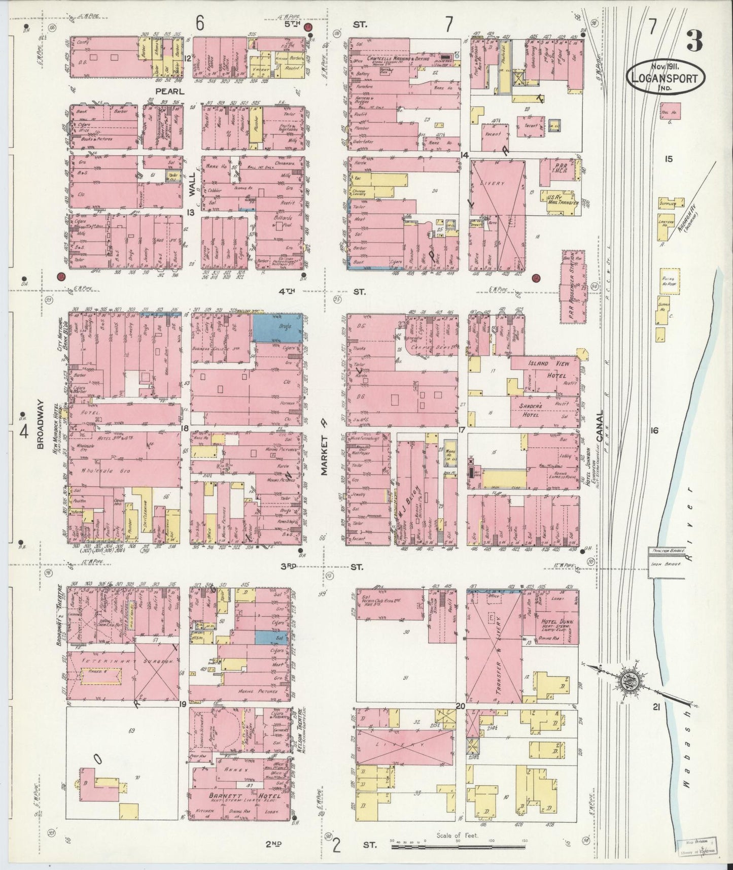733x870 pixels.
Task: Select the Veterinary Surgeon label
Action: pos(123,662)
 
